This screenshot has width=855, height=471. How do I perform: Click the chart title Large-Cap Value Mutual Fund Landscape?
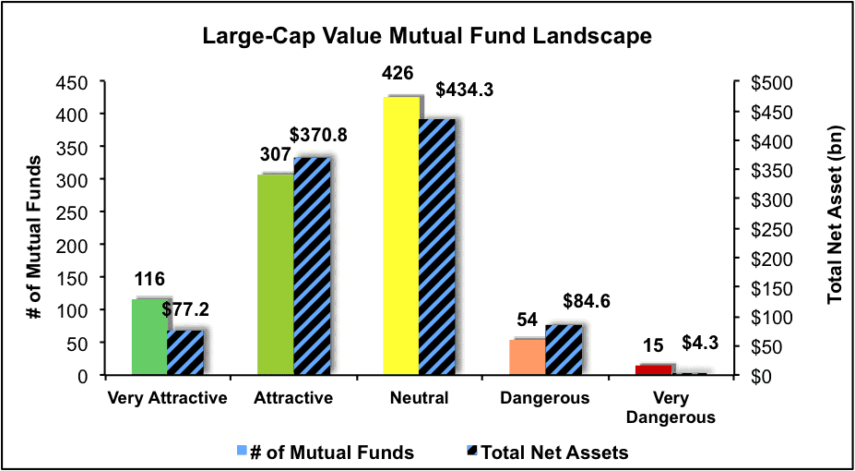(x=428, y=37)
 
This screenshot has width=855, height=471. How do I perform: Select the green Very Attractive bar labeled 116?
(x=149, y=337)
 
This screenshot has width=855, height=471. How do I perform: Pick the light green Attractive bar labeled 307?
(x=276, y=274)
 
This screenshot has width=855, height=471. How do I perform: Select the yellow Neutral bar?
(x=402, y=235)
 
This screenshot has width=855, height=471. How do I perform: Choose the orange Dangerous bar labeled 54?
(x=528, y=357)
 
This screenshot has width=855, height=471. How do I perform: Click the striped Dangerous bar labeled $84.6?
(x=563, y=350)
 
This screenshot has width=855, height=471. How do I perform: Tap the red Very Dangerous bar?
(x=653, y=369)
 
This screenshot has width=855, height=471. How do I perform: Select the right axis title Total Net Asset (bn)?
(x=835, y=228)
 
